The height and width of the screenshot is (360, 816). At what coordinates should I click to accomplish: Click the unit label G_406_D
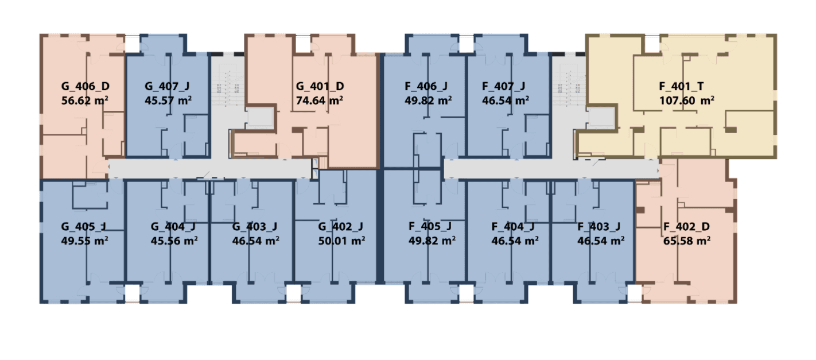point(86,86)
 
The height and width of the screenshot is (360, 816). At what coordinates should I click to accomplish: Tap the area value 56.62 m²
point(84,100)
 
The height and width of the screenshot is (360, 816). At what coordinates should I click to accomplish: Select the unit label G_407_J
point(167,86)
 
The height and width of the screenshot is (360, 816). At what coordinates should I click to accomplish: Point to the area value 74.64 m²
point(320,100)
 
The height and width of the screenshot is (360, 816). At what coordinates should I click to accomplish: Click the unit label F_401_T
point(681,86)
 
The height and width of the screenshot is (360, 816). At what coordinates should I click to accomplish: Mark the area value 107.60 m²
point(687,100)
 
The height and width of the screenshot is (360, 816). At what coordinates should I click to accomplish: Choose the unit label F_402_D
point(686,227)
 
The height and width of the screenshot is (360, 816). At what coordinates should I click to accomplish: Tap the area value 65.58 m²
point(687,241)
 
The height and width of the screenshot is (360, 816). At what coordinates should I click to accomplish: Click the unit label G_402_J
point(341,227)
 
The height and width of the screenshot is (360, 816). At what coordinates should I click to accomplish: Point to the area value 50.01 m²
point(341,241)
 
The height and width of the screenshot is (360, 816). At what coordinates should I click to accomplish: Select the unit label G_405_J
point(84,227)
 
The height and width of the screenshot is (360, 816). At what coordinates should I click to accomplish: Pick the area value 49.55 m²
point(84,241)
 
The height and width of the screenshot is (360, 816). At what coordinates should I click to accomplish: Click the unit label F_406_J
point(426,86)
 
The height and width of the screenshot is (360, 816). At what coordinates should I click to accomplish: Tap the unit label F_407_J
point(503,86)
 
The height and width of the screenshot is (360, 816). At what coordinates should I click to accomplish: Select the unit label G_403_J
point(255,227)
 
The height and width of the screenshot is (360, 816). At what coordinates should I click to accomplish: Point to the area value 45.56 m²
point(174,241)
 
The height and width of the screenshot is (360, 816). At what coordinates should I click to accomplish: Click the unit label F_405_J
point(430,227)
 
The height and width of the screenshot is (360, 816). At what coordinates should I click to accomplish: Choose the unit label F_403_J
point(599,227)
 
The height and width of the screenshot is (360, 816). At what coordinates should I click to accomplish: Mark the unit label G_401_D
point(320,86)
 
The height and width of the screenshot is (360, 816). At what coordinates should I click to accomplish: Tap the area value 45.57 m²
point(168,100)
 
